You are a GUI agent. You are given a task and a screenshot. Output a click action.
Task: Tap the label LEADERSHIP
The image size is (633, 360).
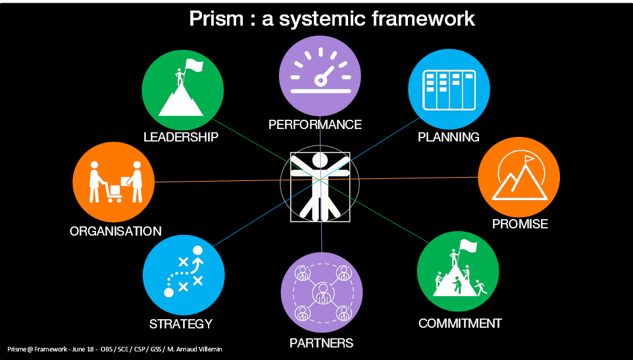coord(181,137)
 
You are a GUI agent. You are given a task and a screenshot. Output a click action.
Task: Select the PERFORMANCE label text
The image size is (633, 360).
coord(315,124)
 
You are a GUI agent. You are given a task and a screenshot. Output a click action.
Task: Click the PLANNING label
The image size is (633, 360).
coord(449,137)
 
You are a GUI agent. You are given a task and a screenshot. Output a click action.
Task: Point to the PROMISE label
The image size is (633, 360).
coord(520,224)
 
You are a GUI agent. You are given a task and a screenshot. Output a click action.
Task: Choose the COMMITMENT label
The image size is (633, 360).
coord(460,323)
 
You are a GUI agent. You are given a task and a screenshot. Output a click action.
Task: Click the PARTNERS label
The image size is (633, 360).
coord(321,343)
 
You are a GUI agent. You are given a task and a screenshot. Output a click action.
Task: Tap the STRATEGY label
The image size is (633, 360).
coord(181,324)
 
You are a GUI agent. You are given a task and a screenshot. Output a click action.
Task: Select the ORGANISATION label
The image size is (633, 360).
coord(116,231)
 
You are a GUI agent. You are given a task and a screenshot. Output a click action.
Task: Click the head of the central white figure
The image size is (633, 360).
coord(320,160)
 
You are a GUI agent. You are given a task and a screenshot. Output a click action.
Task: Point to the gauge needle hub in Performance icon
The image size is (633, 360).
coord(320,80)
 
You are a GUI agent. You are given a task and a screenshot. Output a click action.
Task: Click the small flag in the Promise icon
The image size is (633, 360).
coord(529,159)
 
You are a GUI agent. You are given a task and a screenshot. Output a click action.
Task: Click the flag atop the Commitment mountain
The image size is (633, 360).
coord(467,246)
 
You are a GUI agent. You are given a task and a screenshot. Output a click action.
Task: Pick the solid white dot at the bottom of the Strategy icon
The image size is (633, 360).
coord(168,292)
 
